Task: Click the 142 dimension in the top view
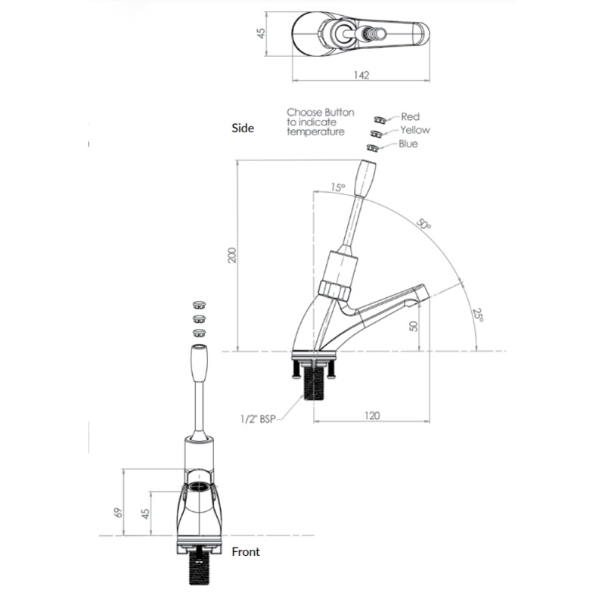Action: coord(361,75)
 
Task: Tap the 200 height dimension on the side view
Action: coord(232,255)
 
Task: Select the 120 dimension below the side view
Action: coord(372,415)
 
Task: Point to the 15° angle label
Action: coord(338,188)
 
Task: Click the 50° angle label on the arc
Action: coord(423,224)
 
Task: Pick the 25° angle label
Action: coord(478,315)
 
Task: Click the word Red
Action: coord(410,116)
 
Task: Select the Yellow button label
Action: coord(414,130)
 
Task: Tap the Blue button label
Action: coord(408,144)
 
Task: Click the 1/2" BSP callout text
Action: coord(258,419)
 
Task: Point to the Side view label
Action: coord(243,128)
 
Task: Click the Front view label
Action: coord(246,552)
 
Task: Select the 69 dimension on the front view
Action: coord(119,513)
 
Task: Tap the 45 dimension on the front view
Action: coord(145,513)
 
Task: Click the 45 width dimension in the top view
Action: coord(262,33)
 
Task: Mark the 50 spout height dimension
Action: coord(413,326)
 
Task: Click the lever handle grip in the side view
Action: coord(365,178)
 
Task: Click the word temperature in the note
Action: coord(315,132)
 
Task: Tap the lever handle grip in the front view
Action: coord(199,364)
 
